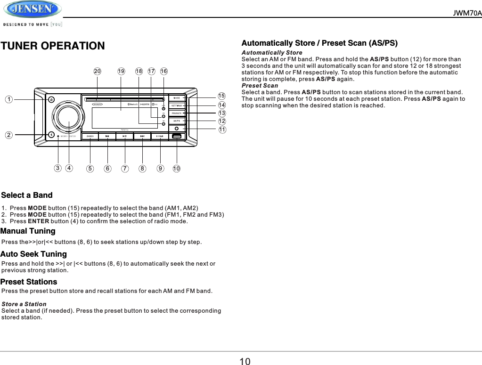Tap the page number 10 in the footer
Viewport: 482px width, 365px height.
pyautogui.click(x=245, y=361)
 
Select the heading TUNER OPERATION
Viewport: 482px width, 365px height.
pyautogui.click(x=53, y=46)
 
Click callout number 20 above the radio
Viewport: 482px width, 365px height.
pyautogui.click(x=98, y=71)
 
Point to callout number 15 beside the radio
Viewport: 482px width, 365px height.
pyautogui.click(x=222, y=97)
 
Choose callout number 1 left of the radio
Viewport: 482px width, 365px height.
pyautogui.click(x=8, y=99)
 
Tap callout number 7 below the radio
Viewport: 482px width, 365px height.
pyautogui.click(x=125, y=168)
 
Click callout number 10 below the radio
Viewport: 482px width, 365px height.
pyautogui.click(x=177, y=168)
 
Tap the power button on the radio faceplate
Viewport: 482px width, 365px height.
pyautogui.click(x=51, y=99)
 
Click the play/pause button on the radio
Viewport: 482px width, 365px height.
pyautogui.click(x=124, y=137)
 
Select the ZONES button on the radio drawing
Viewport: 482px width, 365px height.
pyautogui.click(x=90, y=137)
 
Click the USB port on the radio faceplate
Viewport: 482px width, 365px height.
pyautogui.click(x=177, y=137)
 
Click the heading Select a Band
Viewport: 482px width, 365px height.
pyautogui.click(x=27, y=195)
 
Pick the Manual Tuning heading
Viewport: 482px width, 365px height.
pyautogui.click(x=28, y=231)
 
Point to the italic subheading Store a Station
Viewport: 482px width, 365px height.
pyautogui.click(x=24, y=304)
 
